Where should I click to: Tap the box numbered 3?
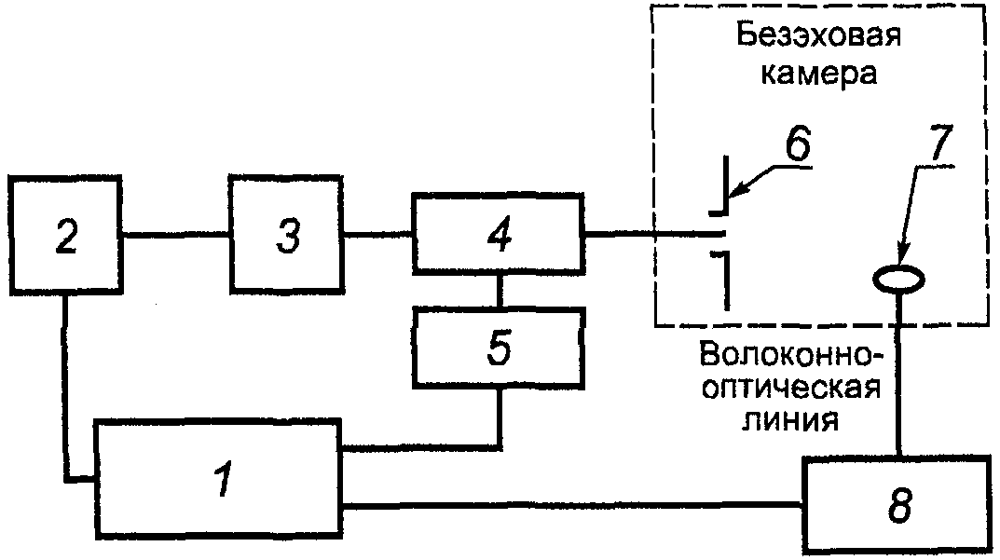[288, 235]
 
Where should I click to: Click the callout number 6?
[796, 144]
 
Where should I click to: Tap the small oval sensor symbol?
[898, 278]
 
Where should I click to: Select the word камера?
[819, 75]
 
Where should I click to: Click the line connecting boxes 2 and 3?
[176, 235]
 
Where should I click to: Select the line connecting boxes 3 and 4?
[377, 235]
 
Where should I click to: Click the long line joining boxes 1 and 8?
[573, 506]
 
